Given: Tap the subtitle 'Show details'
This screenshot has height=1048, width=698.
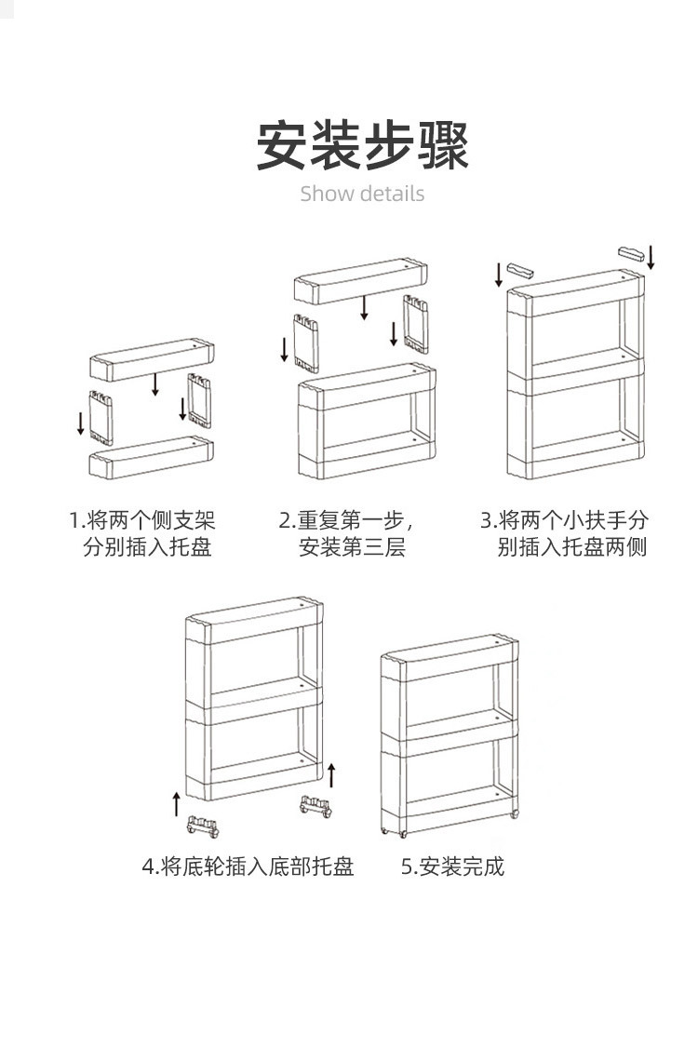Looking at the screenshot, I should [362, 194].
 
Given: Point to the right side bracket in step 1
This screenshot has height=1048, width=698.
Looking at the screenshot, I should [199, 400].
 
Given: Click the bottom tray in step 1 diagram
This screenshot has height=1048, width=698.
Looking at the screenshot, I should [151, 457].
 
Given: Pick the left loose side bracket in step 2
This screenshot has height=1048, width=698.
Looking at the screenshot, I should [306, 342].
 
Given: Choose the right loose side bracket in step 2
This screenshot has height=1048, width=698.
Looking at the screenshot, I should [416, 323].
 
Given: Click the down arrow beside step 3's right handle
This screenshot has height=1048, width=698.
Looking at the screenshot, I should [651, 256].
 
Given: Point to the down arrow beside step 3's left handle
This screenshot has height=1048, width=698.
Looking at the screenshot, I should [499, 274].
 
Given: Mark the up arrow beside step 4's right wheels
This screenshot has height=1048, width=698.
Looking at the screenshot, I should [331, 774].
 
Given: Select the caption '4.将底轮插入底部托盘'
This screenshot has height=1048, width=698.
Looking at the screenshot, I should [248, 867].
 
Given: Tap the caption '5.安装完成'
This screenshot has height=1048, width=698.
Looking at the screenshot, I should [452, 867].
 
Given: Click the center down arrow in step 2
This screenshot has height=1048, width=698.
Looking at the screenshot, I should [365, 306].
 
